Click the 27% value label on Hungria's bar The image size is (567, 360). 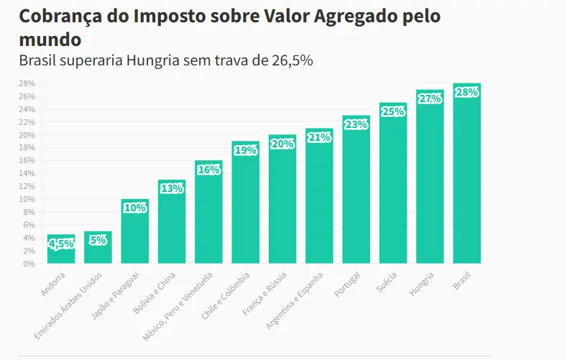coord(430,99)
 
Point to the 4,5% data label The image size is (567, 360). coord(61,244)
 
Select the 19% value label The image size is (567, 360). coord(245,150)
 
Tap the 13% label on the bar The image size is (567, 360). coord(172,189)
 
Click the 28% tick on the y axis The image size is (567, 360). coord(27,83)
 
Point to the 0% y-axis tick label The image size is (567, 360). coord(29,264)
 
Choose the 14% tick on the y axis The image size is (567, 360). coord(27,173)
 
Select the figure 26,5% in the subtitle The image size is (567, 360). coord(292,60)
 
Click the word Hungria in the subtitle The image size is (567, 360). coord(152,60)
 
